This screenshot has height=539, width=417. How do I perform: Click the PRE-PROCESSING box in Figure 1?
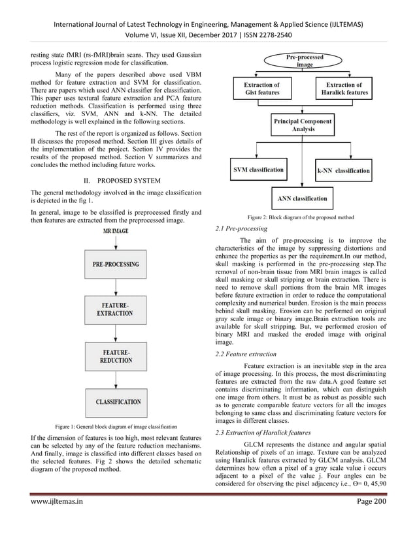tap(116, 264)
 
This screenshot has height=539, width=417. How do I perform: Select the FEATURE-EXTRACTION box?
tap(116, 309)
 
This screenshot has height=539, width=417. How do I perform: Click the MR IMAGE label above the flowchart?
tap(116, 230)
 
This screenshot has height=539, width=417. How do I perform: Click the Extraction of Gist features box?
tap(261, 89)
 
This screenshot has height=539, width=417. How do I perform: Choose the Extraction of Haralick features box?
tap(345, 89)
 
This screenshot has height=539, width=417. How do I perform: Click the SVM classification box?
tap(259, 170)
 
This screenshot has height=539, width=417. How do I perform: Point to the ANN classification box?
tap(303, 196)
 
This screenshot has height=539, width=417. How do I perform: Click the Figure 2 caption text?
tap(300, 217)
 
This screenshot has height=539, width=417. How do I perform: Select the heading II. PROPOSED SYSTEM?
tap(116, 179)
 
